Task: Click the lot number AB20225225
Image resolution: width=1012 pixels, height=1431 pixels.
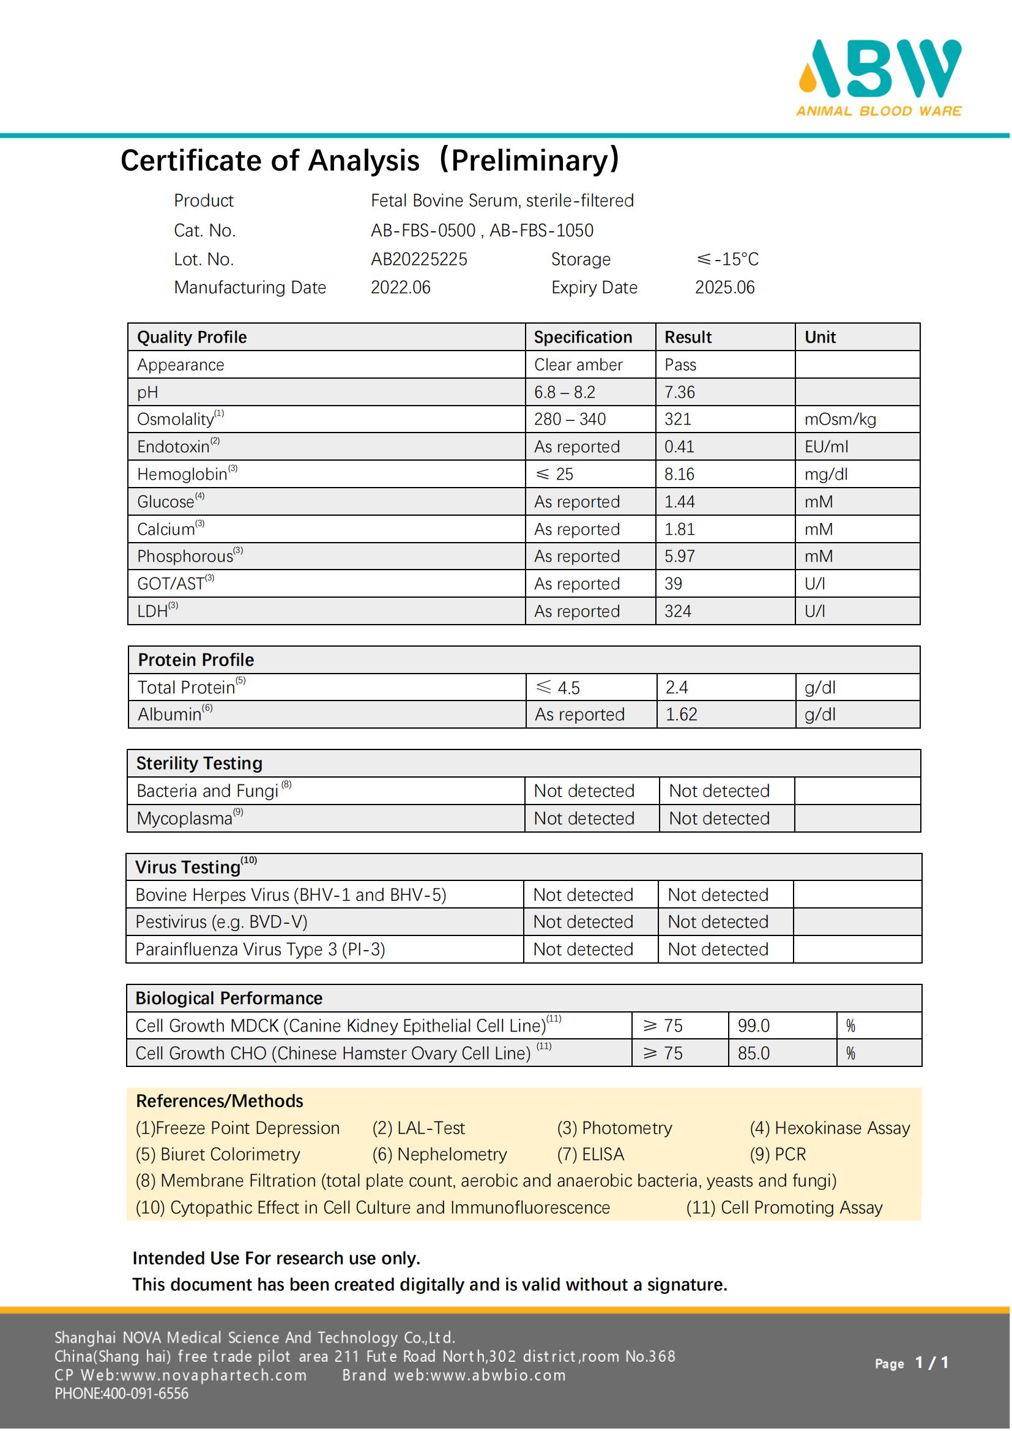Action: [419, 259]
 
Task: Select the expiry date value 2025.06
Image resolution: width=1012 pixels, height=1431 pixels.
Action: [724, 288]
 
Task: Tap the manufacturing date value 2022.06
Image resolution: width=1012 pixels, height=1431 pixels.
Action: [400, 288]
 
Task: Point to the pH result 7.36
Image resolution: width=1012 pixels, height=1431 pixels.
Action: [679, 392]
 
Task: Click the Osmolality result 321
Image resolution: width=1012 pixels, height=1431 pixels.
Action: [677, 419]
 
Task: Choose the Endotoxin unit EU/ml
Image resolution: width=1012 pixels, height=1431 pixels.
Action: [826, 447]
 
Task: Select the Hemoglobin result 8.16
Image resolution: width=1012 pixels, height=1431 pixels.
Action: [679, 474]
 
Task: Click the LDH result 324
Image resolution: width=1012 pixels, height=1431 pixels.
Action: [677, 611]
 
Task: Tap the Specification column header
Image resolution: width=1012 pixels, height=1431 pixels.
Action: [582, 337]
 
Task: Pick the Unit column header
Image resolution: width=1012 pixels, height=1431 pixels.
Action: [820, 337]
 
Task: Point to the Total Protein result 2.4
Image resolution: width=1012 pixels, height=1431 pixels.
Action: [677, 688]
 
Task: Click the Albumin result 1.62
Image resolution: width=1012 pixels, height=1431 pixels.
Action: [681, 714]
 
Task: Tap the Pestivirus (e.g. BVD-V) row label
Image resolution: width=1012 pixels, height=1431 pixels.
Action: [221, 922]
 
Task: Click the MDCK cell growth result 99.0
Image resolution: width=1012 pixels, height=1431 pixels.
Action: [753, 1026]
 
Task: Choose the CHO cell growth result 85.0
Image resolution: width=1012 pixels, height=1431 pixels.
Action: [753, 1054]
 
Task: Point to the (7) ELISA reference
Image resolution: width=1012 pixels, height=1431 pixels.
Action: [590, 1154]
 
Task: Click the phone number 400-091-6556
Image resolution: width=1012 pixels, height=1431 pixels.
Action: [145, 1394]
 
